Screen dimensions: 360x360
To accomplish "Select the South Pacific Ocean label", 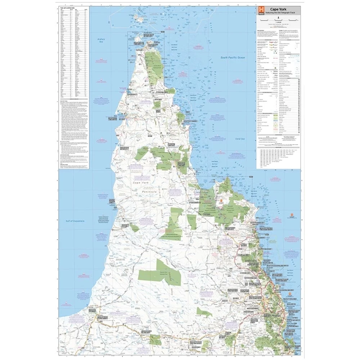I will (233, 57).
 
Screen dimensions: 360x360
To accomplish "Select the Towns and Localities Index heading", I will (68, 7).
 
